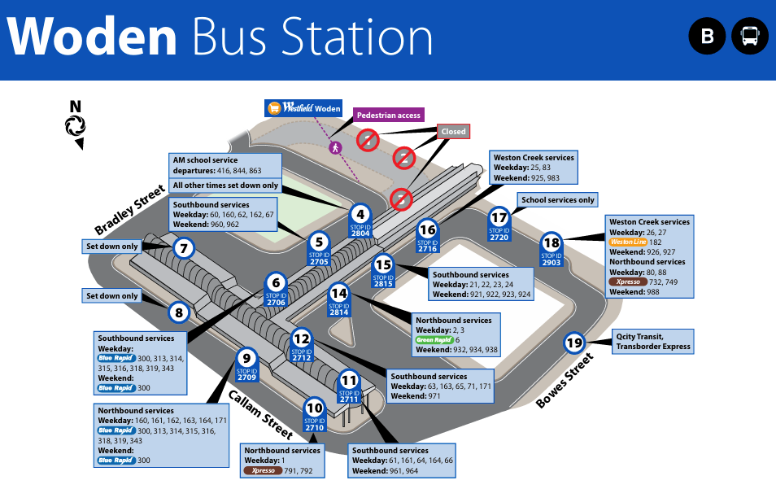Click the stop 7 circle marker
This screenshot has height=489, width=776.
(184, 248)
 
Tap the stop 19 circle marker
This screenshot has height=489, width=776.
(574, 343)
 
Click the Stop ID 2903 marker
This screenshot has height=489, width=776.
(551, 249)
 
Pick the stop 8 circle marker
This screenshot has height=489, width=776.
(179, 312)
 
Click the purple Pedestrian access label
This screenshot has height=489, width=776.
(389, 116)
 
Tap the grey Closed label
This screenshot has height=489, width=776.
(453, 131)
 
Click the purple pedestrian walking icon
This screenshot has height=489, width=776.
(334, 147)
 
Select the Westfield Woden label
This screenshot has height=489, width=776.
(303, 108)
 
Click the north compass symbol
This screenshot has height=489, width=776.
(76, 124)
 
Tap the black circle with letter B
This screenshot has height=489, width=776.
(708, 37)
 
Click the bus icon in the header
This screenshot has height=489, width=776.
(750, 37)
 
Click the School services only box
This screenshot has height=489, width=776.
(558, 199)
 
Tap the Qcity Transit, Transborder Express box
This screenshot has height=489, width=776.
(653, 342)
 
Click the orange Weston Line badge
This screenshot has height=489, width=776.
(628, 242)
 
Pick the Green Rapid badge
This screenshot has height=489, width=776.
(434, 340)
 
